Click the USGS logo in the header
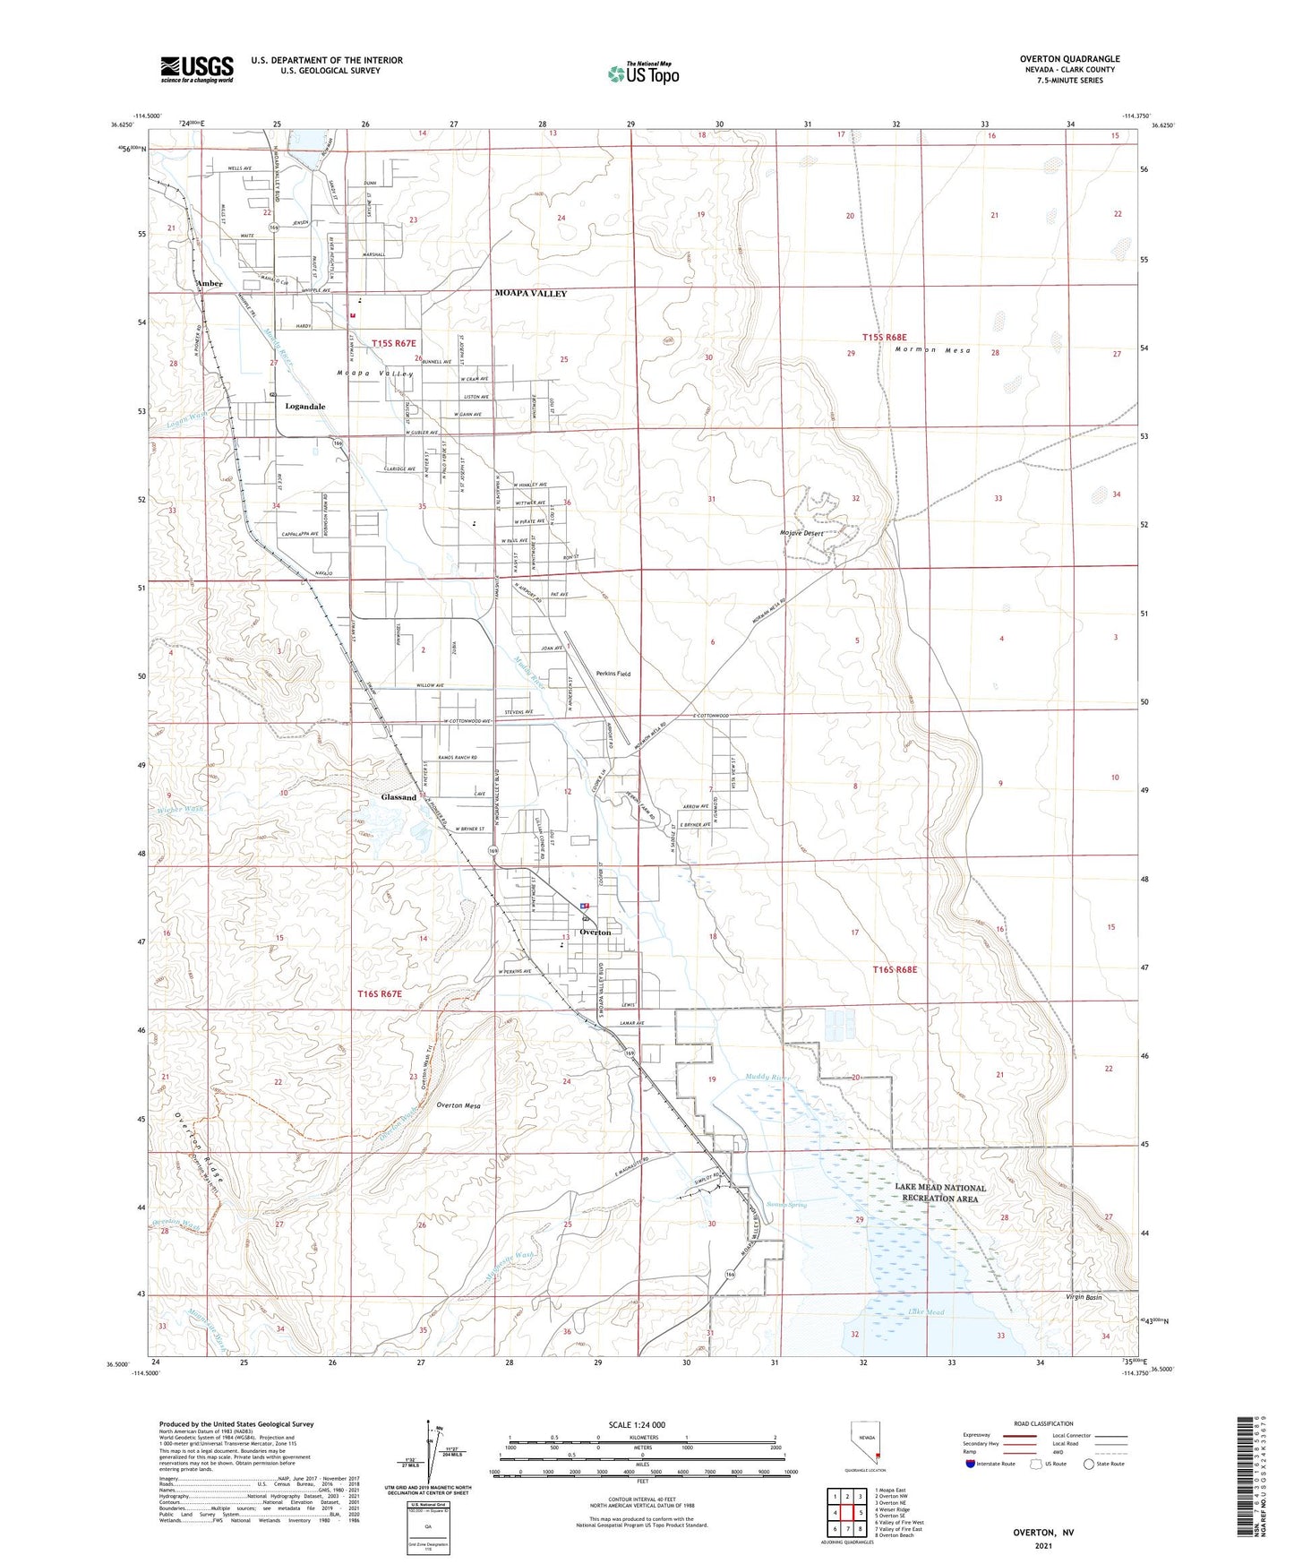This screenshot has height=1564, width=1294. [x=197, y=69]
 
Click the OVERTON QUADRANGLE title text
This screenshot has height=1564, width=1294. [x=1069, y=59]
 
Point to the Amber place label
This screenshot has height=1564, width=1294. [x=209, y=284]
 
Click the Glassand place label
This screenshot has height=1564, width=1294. [x=398, y=796]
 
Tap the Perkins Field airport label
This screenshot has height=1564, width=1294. [x=613, y=674]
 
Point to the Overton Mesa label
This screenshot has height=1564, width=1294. [x=458, y=1105]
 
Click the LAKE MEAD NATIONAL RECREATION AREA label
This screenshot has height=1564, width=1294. [x=940, y=1193]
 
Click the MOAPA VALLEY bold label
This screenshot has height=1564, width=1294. [x=531, y=293]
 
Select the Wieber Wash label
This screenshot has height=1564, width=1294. [x=181, y=809]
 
